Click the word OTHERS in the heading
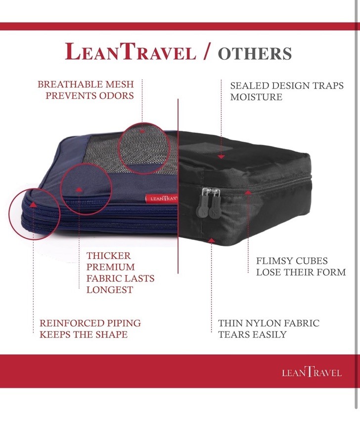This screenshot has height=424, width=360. pos(255,53)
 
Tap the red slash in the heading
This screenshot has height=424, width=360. pos(207,51)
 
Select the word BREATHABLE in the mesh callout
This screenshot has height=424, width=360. pos(70,85)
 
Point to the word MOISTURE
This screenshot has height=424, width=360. pos(256,97)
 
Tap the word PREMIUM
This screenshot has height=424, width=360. pos(111,267)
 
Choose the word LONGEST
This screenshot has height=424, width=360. pos(110,289)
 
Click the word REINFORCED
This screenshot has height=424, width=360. pos(72,323)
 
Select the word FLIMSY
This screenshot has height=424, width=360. pos(274,261)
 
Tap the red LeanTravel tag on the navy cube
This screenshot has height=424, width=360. pos(162,199)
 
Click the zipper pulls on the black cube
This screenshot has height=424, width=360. pos(210,202)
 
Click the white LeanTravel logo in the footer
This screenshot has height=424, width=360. pos(312,373)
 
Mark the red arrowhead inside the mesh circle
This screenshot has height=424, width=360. pos(142,131)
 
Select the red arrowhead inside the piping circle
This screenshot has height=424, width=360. pos(33,205)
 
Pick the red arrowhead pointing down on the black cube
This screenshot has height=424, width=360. pos(221,157)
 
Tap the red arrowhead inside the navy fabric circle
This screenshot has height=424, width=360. pos(79,189)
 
